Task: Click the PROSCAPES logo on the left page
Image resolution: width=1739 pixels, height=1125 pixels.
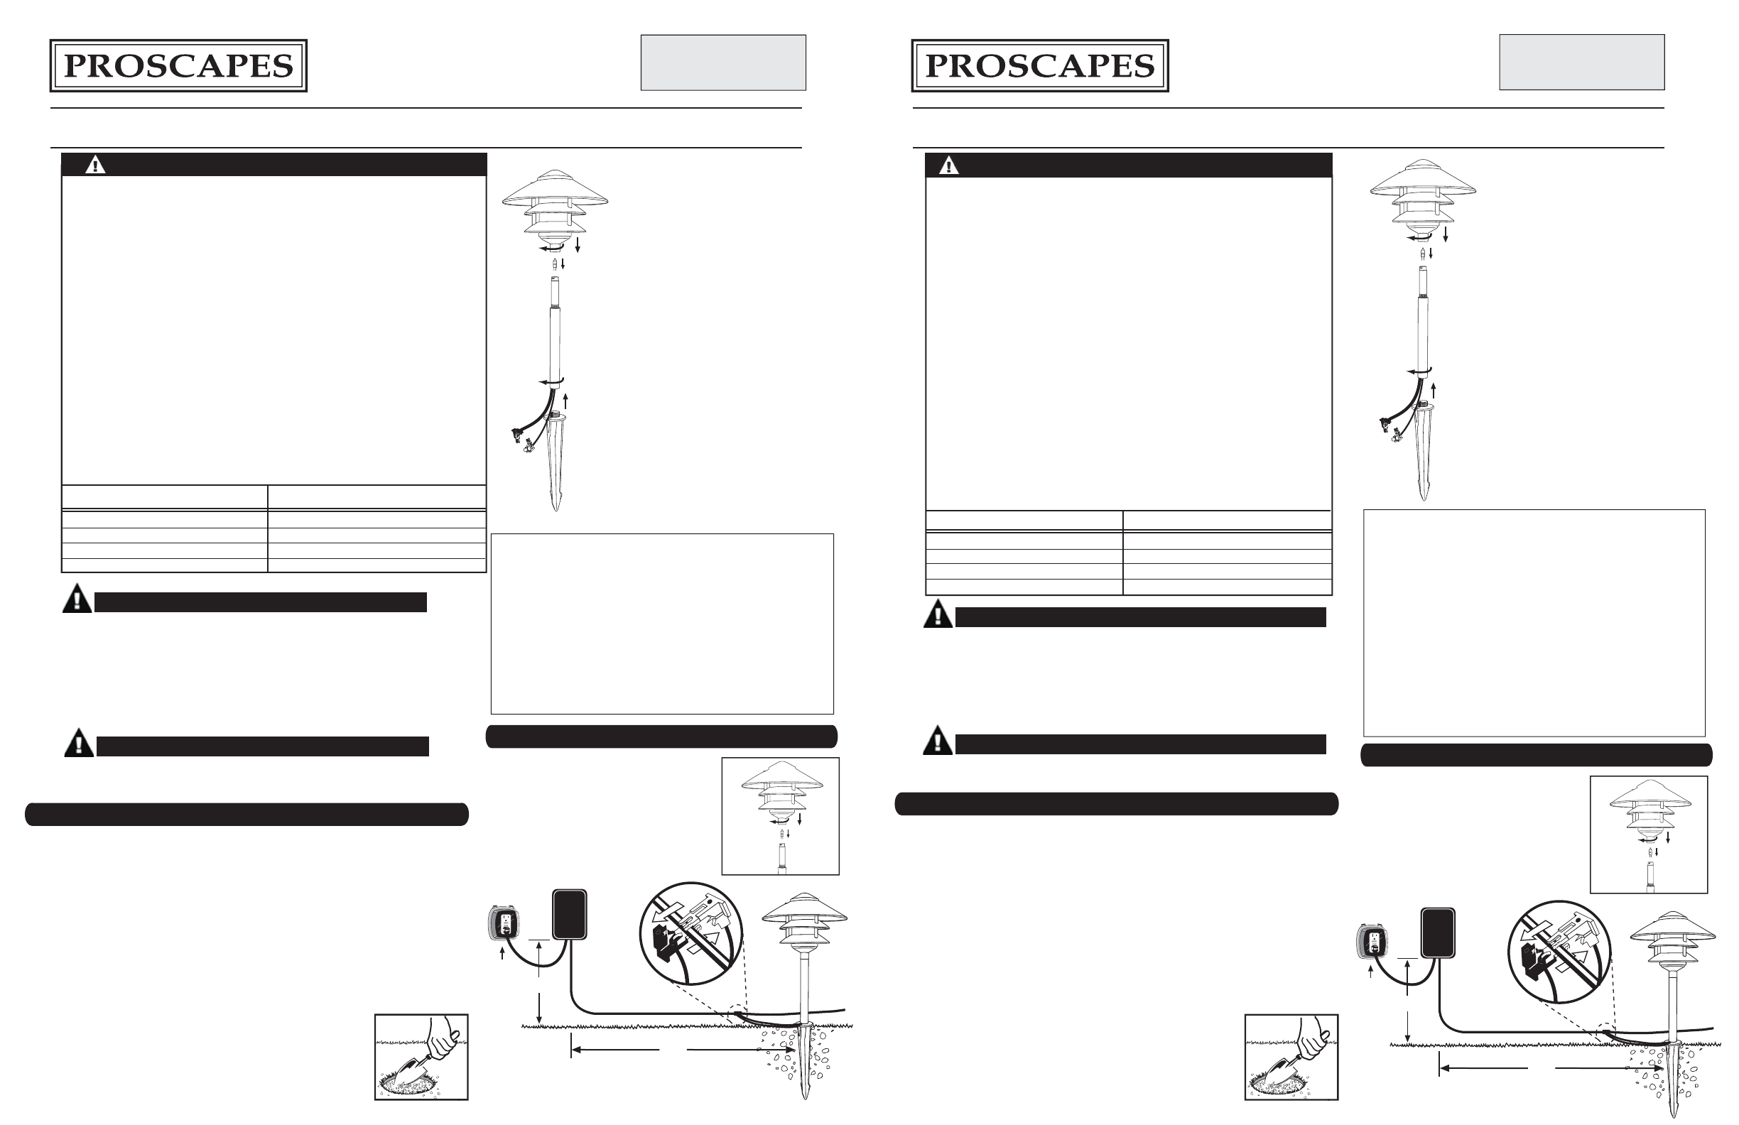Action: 178,66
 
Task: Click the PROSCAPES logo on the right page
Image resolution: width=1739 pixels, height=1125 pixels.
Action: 1040,66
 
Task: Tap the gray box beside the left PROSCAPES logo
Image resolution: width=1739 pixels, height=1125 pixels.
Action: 722,62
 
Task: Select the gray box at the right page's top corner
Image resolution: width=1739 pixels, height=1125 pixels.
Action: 1581,62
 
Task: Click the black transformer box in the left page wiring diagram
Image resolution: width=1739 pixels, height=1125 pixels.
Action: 569,914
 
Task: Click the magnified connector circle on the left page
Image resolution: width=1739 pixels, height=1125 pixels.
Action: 690,935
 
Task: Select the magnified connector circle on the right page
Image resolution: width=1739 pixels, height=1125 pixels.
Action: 1559,952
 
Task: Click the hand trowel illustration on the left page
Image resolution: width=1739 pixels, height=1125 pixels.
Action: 421,1056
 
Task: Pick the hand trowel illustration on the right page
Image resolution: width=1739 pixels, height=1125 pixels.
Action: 1290,1056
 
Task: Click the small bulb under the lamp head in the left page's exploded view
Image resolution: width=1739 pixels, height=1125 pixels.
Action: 556,264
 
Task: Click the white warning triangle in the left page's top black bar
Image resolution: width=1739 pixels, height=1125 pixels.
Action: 95,165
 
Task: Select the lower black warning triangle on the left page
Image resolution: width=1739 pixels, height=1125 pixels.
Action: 79,743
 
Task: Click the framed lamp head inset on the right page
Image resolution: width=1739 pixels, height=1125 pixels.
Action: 1648,835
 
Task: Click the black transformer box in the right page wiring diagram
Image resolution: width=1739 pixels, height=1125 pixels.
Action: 1437,932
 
